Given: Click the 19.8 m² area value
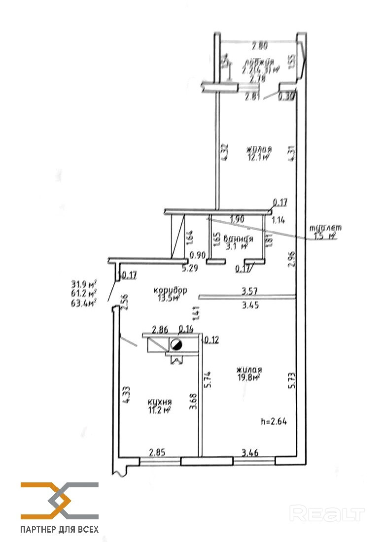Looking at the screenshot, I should coord(248,378).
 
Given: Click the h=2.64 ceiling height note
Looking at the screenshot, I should coord(274,421).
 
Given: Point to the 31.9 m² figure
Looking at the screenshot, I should coord(83,283).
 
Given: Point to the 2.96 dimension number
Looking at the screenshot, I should coord(292,259).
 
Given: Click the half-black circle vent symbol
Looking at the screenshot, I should coord(176,344).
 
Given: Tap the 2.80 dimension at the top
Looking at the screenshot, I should coord(260,47).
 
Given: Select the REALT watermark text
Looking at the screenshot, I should coord(327,513).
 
